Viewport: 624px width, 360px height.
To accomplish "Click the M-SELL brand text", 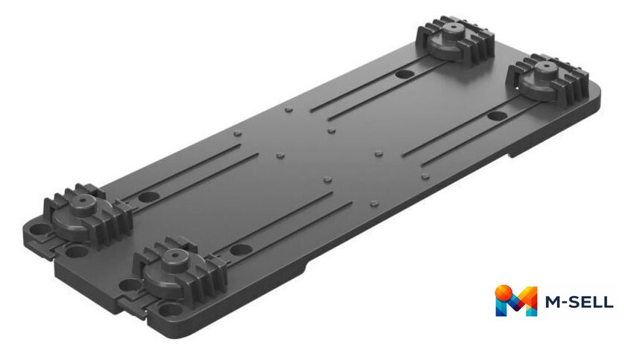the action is coord(579,302).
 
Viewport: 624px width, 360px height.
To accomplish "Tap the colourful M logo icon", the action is coord(515,300).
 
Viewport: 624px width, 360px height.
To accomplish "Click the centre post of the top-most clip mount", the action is coord(452,30).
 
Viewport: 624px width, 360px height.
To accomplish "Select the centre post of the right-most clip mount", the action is coord(544,70).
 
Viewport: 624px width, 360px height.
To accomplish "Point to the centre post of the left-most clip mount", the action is coord(82,204).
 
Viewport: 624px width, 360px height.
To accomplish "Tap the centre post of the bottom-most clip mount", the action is coord(175,260).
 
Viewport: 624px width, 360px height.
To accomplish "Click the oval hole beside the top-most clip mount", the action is coord(405,74).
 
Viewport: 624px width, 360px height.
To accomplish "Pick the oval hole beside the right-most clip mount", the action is coord(497,116).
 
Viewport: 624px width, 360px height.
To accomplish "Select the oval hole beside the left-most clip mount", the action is coord(149,196).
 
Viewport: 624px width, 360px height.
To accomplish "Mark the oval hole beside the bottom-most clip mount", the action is coord(241,250).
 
